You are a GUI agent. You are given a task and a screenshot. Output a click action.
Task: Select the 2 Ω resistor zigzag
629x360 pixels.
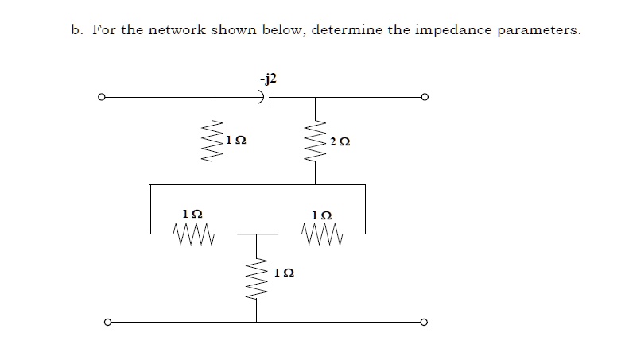tap(316, 141)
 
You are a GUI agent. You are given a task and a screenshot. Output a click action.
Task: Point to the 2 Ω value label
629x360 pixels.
tap(340, 141)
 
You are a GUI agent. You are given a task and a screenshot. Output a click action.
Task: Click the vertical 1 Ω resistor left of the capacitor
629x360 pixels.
tap(212, 141)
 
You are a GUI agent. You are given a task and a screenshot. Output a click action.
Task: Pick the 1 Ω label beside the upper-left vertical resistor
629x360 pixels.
tap(236, 140)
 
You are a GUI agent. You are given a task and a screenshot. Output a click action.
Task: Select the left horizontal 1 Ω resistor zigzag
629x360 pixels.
tap(189, 234)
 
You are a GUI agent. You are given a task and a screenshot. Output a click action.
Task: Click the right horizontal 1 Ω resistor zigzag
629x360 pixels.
tap(321, 234)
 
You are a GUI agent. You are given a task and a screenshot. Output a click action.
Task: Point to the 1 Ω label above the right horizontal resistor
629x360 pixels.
tap(322, 215)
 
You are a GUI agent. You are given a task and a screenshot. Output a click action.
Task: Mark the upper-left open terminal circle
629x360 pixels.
tap(100, 98)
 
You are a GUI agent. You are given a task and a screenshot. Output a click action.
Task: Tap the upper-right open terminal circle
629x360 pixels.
tap(425, 98)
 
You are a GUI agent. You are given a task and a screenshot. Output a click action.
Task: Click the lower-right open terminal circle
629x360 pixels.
tap(425, 323)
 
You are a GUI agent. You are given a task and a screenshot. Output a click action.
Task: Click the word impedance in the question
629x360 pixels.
tap(451, 31)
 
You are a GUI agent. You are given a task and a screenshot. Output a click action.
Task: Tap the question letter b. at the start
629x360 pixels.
tap(76, 31)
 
